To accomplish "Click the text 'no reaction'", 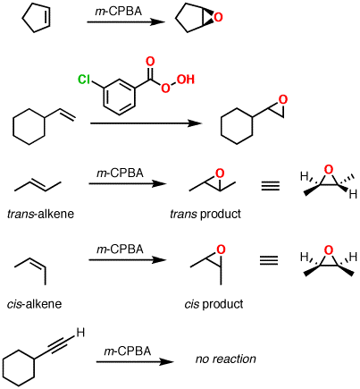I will coord(225,359).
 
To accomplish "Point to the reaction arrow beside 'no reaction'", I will coord(135,361).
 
